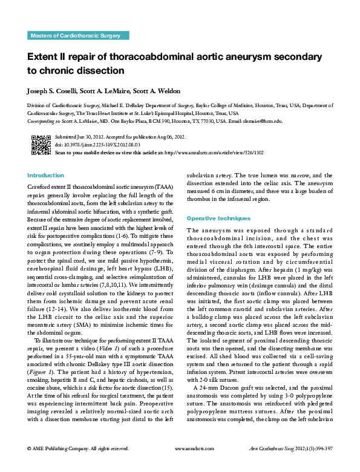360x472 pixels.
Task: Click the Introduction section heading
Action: [x=45, y=175]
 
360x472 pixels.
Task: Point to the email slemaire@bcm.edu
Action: [x=262, y=121]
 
